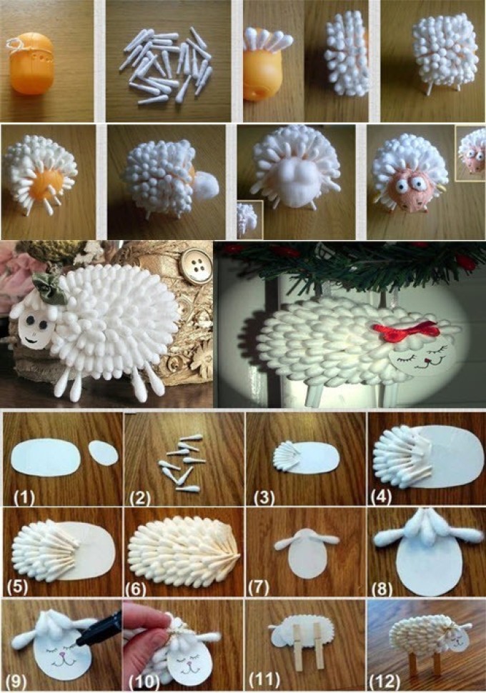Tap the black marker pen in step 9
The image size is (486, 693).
(99, 627)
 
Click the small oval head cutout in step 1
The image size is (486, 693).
(104, 452)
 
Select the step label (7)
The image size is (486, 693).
(259, 587)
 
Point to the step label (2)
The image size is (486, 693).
(140, 498)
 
